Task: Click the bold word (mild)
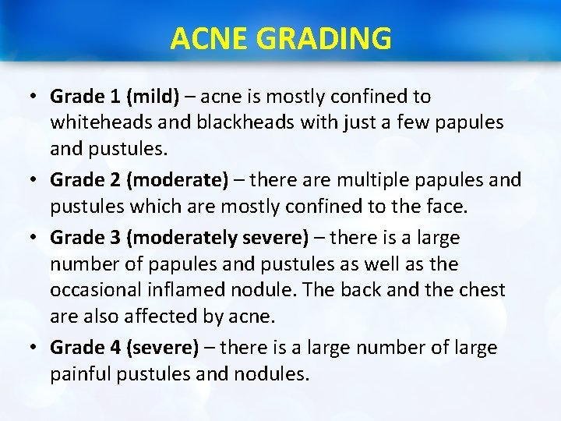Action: click(x=153, y=97)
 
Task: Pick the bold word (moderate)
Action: click(x=178, y=180)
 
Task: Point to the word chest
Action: click(x=480, y=290)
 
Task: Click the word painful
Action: click(x=81, y=374)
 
